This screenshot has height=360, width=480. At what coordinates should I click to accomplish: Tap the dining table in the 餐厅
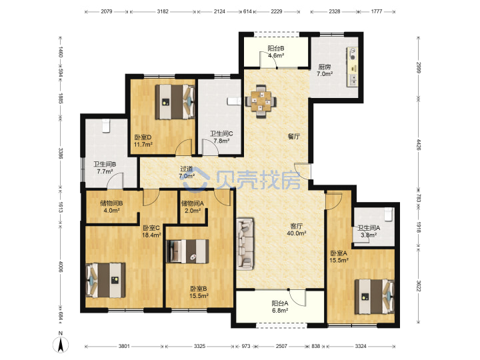[261, 101]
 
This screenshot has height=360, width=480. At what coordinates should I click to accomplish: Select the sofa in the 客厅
[245, 244]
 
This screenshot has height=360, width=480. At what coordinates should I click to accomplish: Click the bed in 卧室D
[175, 101]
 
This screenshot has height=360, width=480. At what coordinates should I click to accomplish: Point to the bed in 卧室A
[375, 296]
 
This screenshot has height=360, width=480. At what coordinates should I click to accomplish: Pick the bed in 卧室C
[105, 280]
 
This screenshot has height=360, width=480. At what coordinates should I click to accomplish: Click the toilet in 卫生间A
[388, 214]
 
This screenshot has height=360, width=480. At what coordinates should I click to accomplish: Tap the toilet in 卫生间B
[106, 126]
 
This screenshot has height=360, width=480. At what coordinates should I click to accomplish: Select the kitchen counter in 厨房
[352, 67]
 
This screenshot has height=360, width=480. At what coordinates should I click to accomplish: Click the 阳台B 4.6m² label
[276, 52]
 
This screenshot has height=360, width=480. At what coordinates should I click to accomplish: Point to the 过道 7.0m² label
[187, 173]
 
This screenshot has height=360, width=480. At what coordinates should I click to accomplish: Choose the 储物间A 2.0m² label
[192, 207]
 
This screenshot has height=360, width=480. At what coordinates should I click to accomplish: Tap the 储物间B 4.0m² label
[111, 207]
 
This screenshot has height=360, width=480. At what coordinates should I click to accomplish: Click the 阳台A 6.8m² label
[280, 307]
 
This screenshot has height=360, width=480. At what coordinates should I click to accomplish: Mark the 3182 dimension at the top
[163, 11]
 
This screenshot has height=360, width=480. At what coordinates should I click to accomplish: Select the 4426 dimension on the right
[419, 145]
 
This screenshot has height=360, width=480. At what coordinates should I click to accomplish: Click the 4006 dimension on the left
[60, 267]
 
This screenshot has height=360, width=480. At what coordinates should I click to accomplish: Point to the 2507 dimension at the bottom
[281, 346]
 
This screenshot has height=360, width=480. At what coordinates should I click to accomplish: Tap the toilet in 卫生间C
[233, 101]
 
